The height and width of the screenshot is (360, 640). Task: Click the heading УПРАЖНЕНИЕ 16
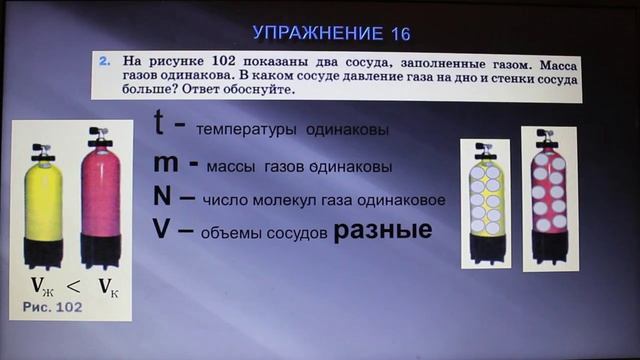pyautogui.click(x=318, y=33)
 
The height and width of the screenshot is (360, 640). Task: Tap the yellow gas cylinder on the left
pyautogui.click(x=43, y=205)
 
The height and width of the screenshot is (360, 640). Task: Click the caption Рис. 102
pyautogui.click(x=52, y=306)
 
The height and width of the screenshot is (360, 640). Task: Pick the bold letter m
pyautogui.click(x=166, y=163)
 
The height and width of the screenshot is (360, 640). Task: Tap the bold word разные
pyautogui.click(x=382, y=231)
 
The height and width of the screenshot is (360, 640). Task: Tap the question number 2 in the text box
pyautogui.click(x=103, y=60)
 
